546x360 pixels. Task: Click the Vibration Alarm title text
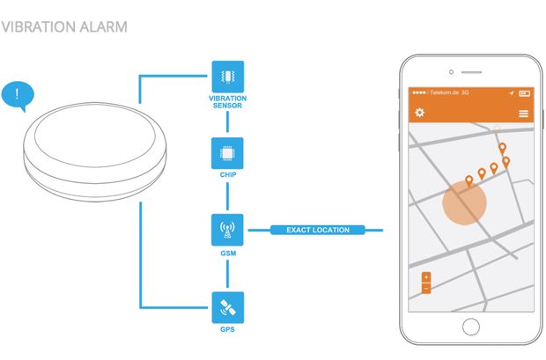tap(64, 26)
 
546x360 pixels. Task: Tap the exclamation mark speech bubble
tap(17, 94)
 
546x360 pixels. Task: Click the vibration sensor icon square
tap(227, 77)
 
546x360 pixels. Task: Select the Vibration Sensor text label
tap(227, 102)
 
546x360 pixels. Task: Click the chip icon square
tap(227, 153)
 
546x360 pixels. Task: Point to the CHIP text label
tap(227, 175)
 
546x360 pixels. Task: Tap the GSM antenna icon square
tap(227, 231)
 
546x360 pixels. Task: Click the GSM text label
tap(227, 253)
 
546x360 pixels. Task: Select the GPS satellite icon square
tap(227, 307)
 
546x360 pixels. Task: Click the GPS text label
tap(227, 330)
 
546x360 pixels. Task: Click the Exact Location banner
tap(318, 231)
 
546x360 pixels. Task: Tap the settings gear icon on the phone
tap(420, 113)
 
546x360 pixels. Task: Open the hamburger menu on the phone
tap(523, 114)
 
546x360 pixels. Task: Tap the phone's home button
tap(471, 327)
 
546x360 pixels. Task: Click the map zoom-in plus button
tap(426, 278)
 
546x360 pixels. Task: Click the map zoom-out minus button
tap(426, 289)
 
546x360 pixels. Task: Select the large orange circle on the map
tap(464, 205)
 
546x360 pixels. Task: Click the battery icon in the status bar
tap(524, 92)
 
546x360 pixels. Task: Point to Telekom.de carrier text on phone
tap(444, 92)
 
